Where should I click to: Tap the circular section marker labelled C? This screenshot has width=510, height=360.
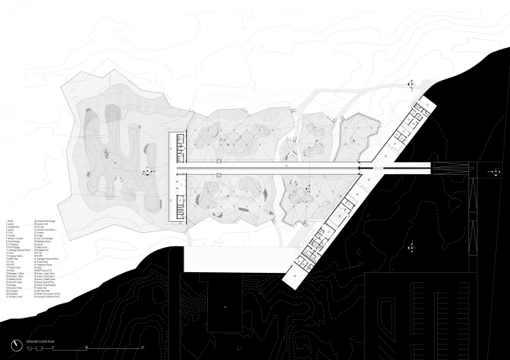coord(309,188)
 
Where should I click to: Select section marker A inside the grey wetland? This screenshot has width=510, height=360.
coord(145,170)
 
